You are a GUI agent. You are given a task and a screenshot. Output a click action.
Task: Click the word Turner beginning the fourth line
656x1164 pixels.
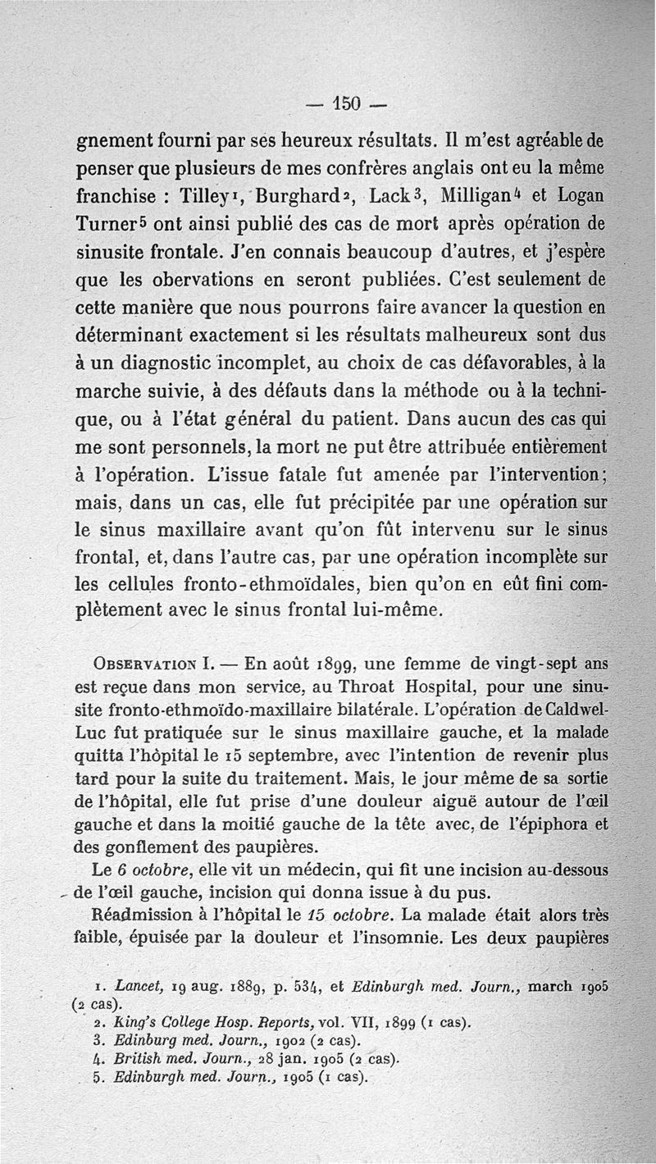click(109, 226)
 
